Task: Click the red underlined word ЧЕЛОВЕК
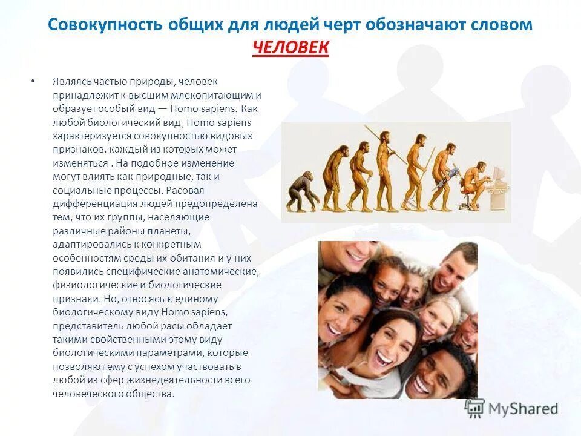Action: [290, 47]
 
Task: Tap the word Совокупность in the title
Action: [105, 25]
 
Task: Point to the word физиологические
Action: [88, 285]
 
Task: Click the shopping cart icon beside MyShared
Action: [474, 409]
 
